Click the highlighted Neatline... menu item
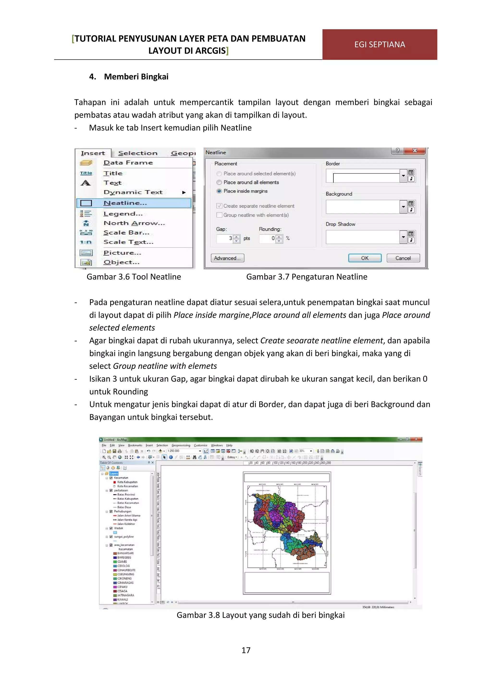[x=125, y=203]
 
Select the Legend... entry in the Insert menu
[x=123, y=214]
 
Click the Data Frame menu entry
[x=128, y=163]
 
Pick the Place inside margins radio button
[x=219, y=191]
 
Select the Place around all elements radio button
[x=219, y=182]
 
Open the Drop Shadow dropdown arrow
[x=403, y=237]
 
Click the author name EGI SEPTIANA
[x=379, y=44]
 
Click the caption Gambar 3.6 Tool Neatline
[x=134, y=277]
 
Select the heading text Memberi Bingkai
[x=136, y=77]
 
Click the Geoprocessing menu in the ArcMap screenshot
[x=181, y=445]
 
